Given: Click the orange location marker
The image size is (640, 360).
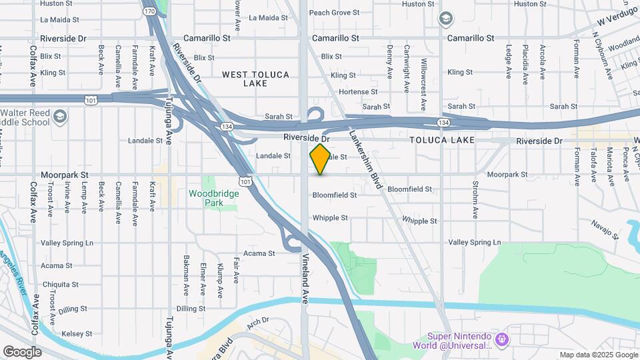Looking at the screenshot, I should (x=320, y=159).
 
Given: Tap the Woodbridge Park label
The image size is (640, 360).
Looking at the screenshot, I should (x=213, y=197).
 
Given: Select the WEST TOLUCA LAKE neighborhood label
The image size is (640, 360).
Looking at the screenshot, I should (x=256, y=79).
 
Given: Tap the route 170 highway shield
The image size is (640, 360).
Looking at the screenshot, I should (x=150, y=11).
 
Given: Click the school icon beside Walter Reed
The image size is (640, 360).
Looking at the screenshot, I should (x=61, y=117).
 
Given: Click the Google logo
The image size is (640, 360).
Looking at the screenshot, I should (x=22, y=351).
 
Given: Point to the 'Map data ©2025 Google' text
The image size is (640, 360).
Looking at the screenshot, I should (x=598, y=355).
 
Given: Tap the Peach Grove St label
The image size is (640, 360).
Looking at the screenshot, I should (x=334, y=12).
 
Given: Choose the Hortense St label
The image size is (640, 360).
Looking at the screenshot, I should (x=358, y=92).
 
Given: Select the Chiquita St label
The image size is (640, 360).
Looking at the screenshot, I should (x=60, y=284).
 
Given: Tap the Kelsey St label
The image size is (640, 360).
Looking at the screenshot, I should (x=75, y=333).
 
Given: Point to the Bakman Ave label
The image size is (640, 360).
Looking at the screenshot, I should (x=186, y=276).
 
